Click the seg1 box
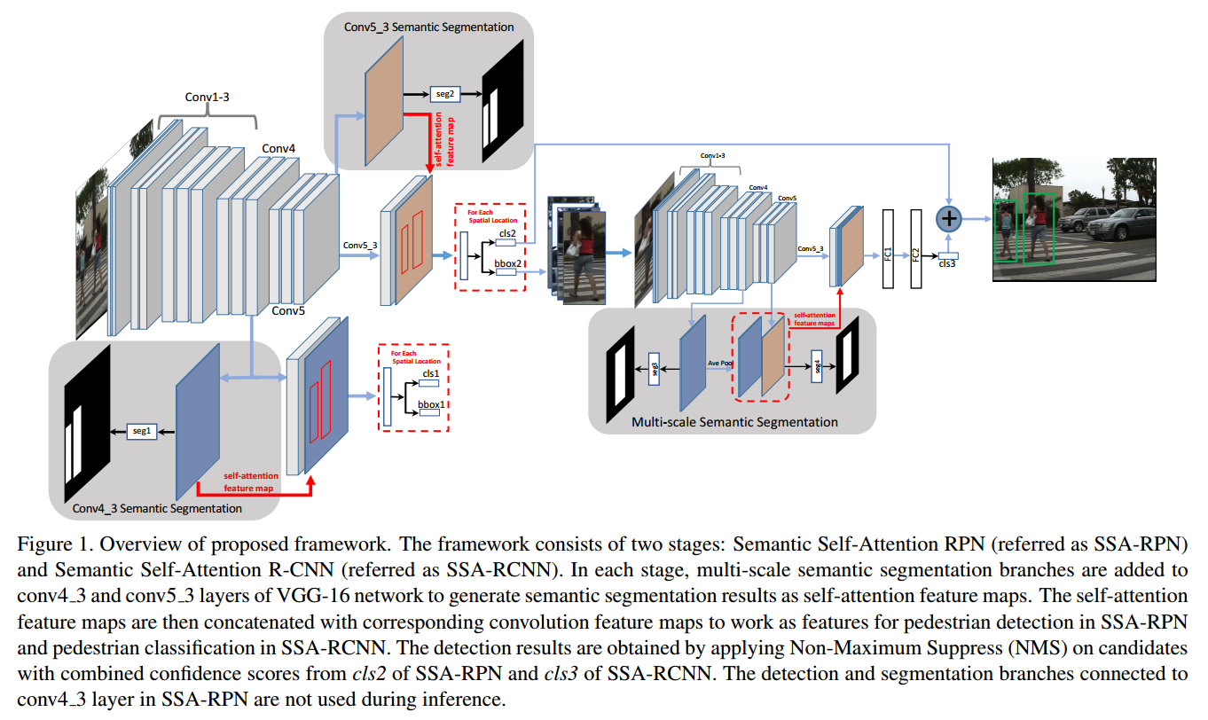click(142, 430)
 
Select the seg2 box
click(443, 92)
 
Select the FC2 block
click(916, 249)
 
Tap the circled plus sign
click(949, 218)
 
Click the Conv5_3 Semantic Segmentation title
click(429, 27)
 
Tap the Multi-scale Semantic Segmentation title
click(734, 422)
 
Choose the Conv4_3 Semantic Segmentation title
click(157, 508)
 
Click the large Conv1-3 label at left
click(208, 97)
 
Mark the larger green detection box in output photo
click(1038, 228)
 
